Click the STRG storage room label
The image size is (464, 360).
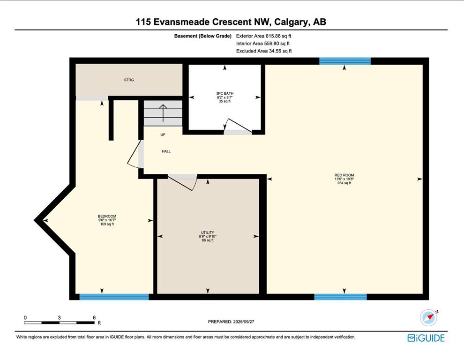129,80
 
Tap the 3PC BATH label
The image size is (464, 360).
225,93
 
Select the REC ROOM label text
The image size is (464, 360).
344,175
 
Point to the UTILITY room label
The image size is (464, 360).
208,232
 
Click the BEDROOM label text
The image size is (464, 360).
107,216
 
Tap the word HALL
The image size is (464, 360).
166,151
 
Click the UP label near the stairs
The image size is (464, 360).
163,135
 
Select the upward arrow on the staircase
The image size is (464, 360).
163,113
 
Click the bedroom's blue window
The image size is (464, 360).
114,297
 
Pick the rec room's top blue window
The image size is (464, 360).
345,61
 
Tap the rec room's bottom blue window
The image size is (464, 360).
340,297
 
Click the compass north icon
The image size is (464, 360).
429,318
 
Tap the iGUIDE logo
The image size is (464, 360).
426,338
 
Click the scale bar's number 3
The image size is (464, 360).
59,317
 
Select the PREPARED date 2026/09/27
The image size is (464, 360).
244,322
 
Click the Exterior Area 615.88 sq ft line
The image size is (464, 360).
264,36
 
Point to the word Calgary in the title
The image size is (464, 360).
292,22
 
